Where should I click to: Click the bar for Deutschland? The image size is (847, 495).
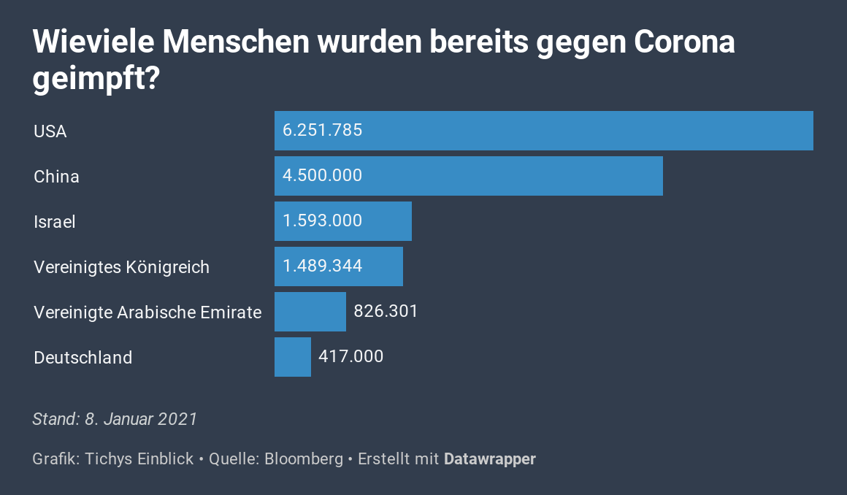click(293, 357)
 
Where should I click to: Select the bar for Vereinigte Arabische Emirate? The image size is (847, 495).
click(310, 312)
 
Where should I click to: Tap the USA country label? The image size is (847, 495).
click(50, 131)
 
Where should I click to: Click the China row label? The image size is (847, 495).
click(56, 177)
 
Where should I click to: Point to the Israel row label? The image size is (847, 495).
click(55, 222)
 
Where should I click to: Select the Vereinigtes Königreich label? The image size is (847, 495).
click(121, 267)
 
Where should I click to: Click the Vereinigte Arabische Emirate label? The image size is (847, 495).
click(147, 312)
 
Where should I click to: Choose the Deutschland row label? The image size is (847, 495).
click(83, 358)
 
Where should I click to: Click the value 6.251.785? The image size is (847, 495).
click(323, 131)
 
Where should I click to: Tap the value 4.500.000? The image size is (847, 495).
click(323, 176)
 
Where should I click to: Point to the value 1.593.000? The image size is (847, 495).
click(323, 221)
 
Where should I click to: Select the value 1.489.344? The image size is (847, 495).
click(323, 266)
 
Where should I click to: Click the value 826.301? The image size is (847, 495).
click(386, 312)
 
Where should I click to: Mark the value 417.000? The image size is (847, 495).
click(351, 357)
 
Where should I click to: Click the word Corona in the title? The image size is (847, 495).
click(684, 42)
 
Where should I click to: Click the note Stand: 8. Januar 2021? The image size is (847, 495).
click(115, 419)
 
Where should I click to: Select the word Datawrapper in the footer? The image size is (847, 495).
click(490, 459)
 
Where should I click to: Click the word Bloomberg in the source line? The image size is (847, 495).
click(304, 459)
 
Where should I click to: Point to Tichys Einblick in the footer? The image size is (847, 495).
click(139, 459)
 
